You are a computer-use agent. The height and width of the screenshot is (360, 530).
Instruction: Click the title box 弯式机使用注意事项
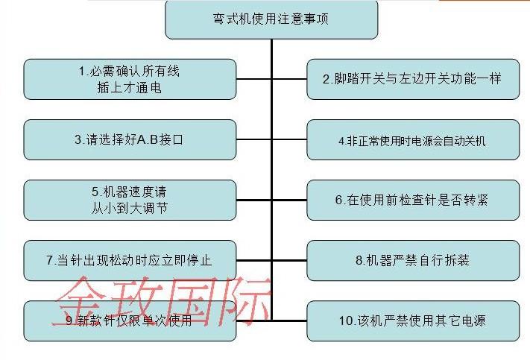tap(271, 19)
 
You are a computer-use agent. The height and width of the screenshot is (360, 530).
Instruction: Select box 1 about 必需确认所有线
tap(130, 80)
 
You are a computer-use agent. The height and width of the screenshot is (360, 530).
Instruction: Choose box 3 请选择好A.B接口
tap(130, 139)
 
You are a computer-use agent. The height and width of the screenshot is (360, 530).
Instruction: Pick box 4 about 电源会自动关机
tap(413, 139)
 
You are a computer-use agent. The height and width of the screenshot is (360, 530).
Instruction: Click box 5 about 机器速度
tap(130, 200)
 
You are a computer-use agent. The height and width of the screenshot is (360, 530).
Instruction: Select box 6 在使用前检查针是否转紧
tap(413, 200)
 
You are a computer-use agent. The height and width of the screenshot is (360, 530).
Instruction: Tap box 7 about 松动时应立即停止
tap(130, 260)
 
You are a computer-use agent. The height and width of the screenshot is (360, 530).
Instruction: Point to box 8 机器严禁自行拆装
tap(413, 260)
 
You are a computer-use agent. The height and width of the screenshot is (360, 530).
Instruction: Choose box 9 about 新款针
tap(130, 320)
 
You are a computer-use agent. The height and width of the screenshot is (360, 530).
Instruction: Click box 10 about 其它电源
tap(413, 320)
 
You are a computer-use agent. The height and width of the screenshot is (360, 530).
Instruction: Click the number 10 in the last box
tap(346, 321)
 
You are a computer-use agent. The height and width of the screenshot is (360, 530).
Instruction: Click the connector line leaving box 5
tap(254, 200)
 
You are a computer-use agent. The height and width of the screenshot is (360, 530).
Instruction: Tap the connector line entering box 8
tap(289, 260)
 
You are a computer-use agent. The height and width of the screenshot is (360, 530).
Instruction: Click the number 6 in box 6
tap(338, 200)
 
